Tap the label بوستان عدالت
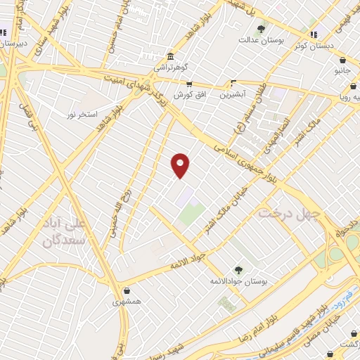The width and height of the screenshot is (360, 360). (x=261, y=40)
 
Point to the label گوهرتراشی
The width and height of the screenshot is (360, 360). (x=170, y=69)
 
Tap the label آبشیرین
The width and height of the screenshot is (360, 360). (x=232, y=94)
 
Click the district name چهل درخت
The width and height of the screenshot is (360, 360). (x=289, y=211)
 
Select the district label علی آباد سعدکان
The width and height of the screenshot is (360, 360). (x=66, y=232)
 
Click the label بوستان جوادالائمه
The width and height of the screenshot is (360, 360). (x=239, y=281)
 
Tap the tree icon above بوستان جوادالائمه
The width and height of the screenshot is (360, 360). (x=238, y=270)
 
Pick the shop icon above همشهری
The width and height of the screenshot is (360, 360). (x=127, y=290)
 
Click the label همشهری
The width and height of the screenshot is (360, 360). (x=127, y=302)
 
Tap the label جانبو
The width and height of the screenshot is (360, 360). (x=342, y=71)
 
